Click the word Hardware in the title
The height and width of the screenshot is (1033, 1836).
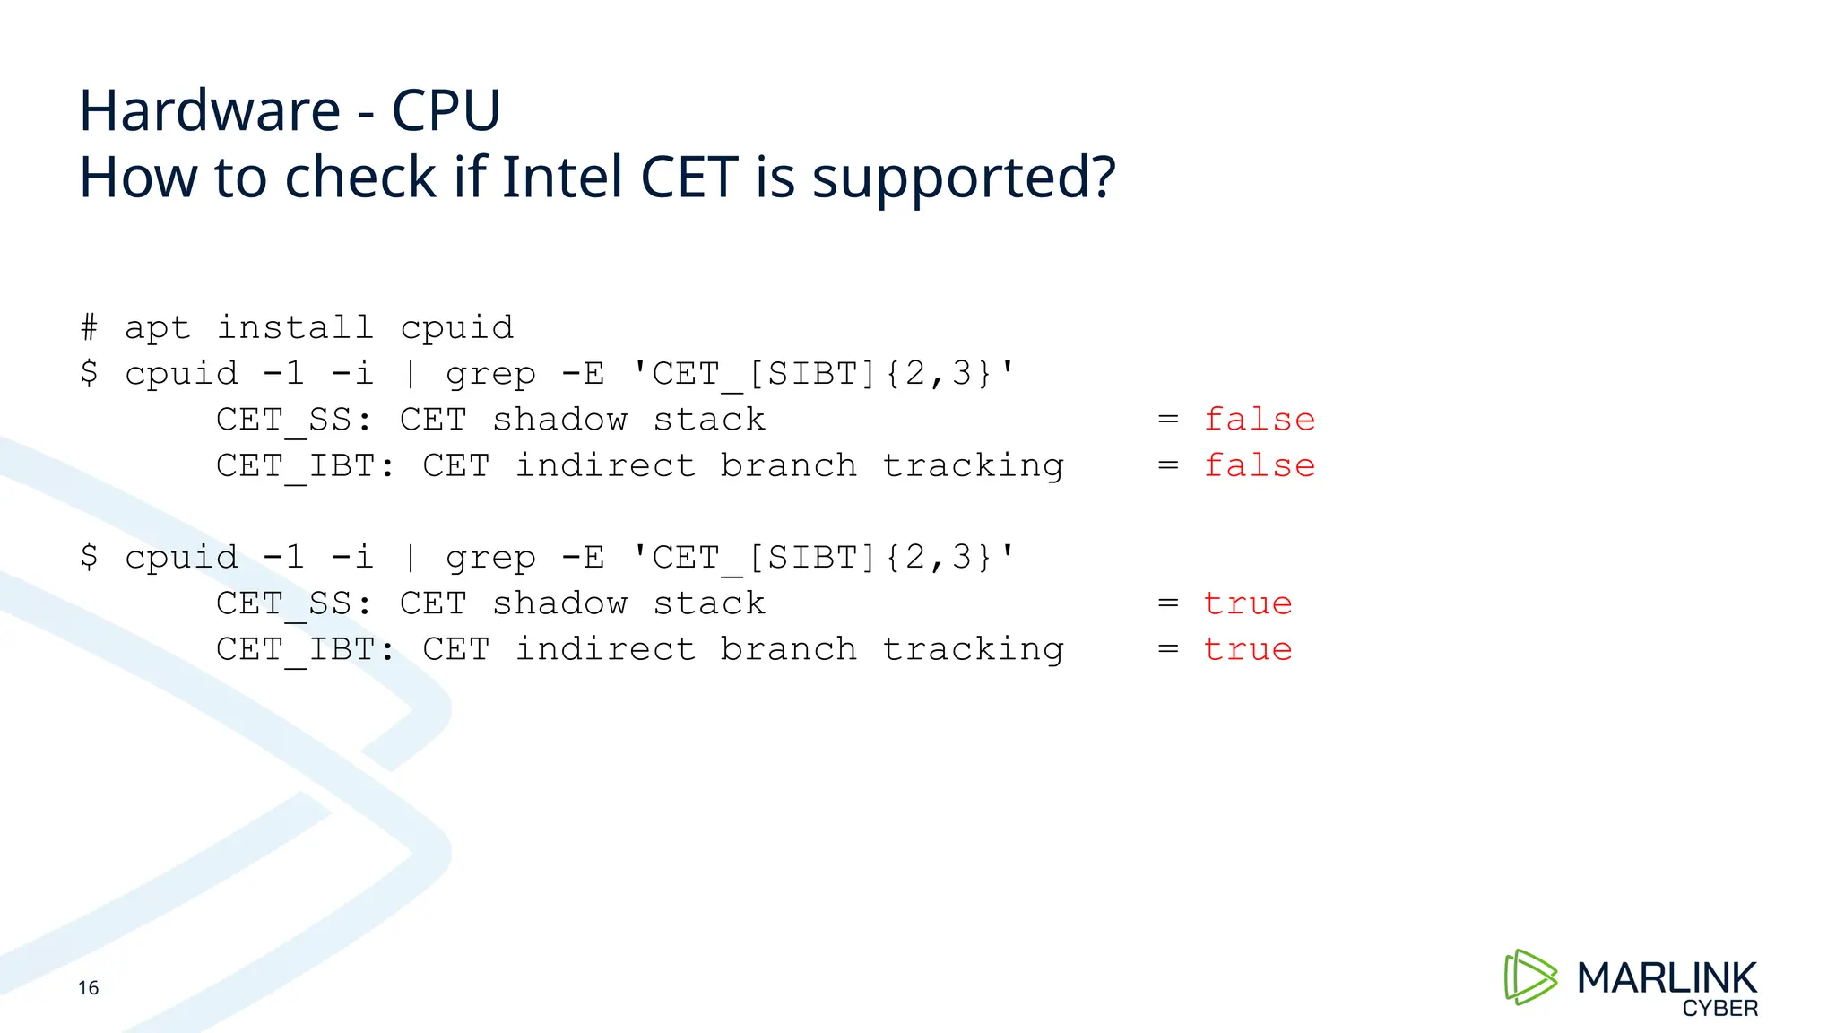(210, 111)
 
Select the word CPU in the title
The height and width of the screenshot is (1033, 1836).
(446, 111)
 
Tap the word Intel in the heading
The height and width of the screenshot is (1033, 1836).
(561, 177)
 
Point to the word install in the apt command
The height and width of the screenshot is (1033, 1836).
(295, 327)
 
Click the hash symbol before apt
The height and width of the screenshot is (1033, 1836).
(89, 327)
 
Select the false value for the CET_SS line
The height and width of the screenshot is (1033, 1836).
(1260, 420)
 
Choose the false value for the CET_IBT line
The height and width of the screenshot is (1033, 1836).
(1260, 465)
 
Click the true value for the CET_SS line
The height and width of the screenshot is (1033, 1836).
(1248, 603)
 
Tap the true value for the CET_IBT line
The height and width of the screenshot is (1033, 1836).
(1248, 649)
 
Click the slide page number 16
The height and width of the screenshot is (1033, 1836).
(89, 988)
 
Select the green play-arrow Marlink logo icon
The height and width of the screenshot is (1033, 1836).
(1529, 977)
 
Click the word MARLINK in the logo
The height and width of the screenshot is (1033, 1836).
(1667, 977)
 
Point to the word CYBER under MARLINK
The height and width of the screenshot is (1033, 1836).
(1719, 1009)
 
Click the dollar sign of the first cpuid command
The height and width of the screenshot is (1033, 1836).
(89, 373)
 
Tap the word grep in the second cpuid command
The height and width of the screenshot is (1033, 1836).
(490, 558)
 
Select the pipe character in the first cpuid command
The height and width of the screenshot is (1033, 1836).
(411, 373)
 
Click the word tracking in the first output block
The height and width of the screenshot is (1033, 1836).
(974, 465)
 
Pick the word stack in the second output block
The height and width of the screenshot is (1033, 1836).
(709, 603)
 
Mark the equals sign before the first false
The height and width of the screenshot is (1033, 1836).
(1167, 420)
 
